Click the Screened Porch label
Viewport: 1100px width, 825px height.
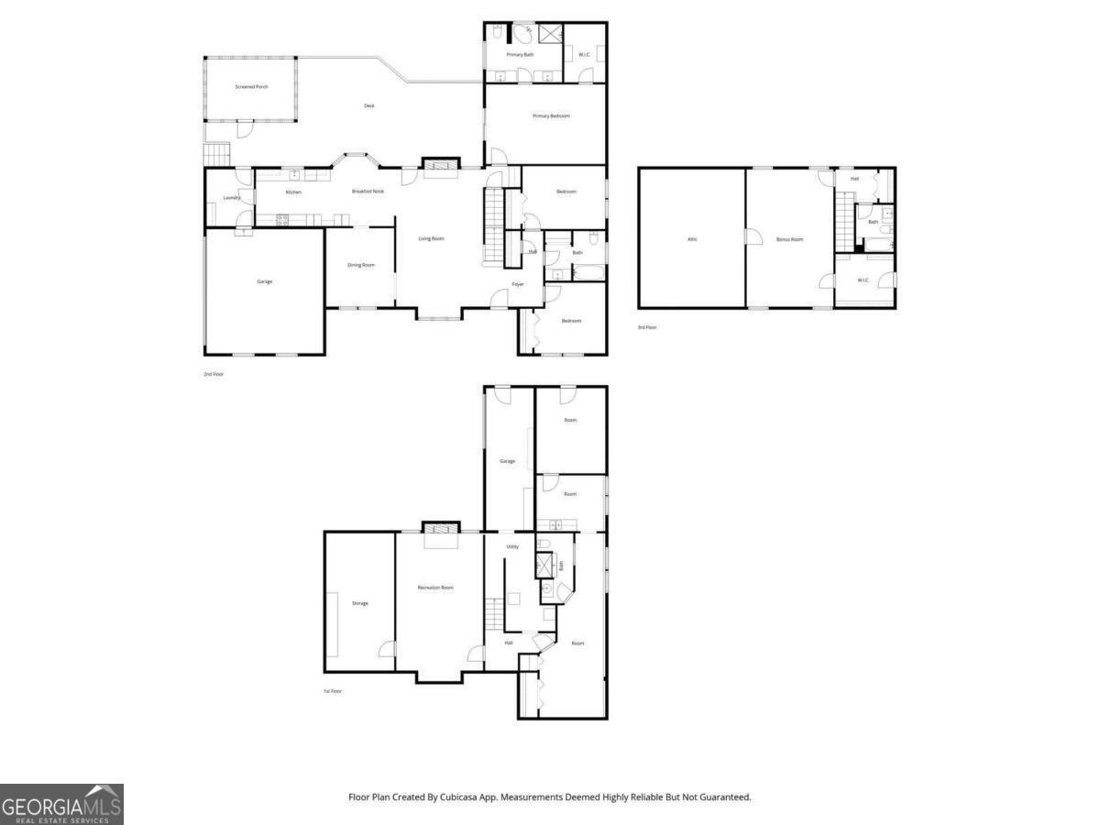(251, 86)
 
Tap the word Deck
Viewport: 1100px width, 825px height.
(369, 106)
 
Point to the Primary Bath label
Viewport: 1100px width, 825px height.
(522, 56)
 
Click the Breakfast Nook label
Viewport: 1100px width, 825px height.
(368, 192)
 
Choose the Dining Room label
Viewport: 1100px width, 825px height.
(361, 266)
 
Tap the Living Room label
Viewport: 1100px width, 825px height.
(431, 239)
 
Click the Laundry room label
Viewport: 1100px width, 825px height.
(232, 198)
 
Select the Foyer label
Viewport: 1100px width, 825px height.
(518, 285)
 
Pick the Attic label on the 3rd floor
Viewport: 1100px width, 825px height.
(692, 239)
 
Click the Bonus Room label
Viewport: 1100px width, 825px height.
(789, 239)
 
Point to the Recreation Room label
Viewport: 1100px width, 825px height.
(435, 588)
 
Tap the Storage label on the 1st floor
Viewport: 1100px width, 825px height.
(360, 603)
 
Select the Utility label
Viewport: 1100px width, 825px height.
(512, 547)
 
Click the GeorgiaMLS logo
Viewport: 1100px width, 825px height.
(61, 804)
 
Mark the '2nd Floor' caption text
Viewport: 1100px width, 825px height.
(214, 374)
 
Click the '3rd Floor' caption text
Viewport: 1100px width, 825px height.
(647, 327)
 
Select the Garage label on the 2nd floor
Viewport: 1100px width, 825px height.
(264, 281)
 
